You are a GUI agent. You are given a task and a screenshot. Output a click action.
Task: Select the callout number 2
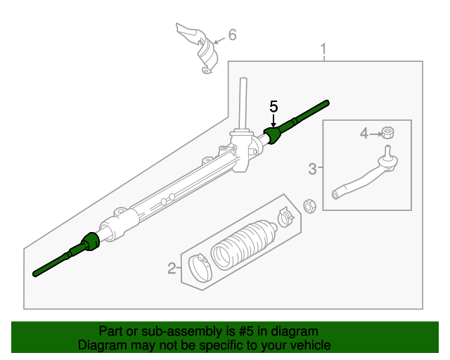pos(171,268)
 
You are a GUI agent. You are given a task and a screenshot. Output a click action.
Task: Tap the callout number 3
pos(312,168)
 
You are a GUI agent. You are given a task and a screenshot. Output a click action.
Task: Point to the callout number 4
pos(364,133)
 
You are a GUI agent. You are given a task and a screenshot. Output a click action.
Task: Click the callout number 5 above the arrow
pos(274,107)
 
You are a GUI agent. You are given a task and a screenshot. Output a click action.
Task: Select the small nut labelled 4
pos(387,132)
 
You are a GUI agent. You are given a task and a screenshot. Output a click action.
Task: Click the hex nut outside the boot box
pos(307,205)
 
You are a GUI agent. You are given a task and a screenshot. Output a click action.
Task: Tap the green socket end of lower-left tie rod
pos(89,242)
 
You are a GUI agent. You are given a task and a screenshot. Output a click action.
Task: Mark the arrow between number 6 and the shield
pos(217,38)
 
